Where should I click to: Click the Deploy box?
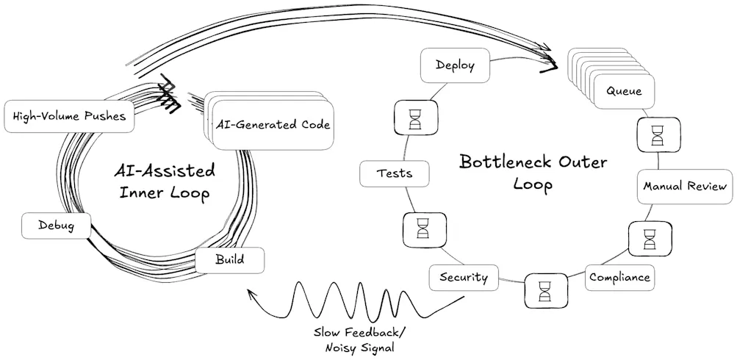pos(456,65)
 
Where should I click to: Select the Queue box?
pos(624,92)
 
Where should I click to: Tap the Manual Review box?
pos(685,186)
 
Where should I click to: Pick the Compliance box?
pos(619,278)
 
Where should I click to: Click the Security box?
pos(464,277)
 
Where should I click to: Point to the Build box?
pos(230,260)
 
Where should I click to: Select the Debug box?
pos(55,225)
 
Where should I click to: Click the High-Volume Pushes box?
pos(70,116)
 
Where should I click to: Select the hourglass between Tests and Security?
pos(423,228)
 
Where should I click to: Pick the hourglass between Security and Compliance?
pos(545,289)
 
